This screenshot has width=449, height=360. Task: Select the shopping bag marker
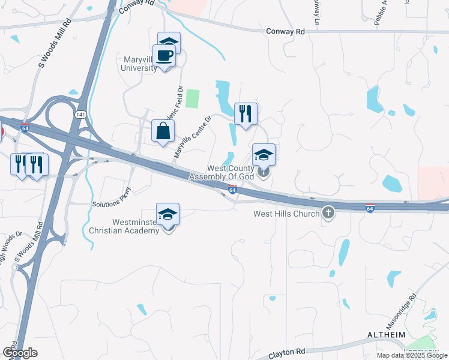[x=163, y=131]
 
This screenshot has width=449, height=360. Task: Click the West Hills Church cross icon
[x=328, y=213]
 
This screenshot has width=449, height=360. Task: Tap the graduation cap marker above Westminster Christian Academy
[x=168, y=214]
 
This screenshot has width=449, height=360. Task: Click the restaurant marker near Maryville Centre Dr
[x=246, y=114]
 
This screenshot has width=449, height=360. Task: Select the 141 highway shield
[x=80, y=113]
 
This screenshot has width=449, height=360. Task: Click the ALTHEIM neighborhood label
[x=386, y=334]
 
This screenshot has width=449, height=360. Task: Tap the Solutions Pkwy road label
[x=111, y=199]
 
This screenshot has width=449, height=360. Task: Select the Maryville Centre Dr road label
[x=193, y=138]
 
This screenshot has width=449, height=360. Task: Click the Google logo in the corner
[x=20, y=353]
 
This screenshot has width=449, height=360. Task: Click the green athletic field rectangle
[x=192, y=98]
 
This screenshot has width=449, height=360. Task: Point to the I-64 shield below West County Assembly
[x=232, y=190]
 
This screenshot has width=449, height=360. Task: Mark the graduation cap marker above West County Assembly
[x=264, y=155]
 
